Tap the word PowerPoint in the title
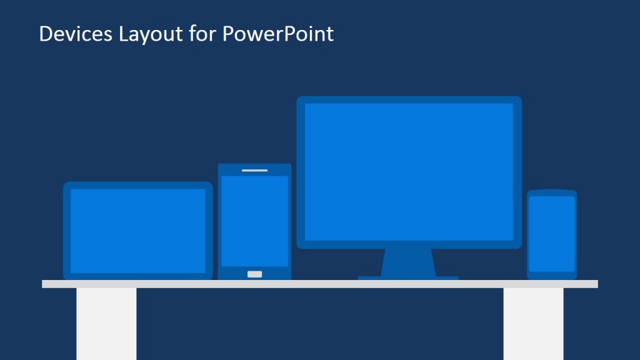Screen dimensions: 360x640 278,34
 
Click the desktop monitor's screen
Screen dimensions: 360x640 409,171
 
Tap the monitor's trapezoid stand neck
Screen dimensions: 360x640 408,262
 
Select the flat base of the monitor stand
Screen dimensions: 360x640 408,277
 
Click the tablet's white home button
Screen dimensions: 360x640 254,274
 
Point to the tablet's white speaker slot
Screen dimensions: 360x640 254,170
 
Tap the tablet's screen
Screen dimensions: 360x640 254,221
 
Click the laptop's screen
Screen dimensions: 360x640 137,230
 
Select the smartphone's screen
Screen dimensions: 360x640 552,233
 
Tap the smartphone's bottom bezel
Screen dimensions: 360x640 552,275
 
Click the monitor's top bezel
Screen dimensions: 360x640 409,99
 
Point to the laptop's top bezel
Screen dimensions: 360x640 137,185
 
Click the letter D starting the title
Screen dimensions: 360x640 45,34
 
